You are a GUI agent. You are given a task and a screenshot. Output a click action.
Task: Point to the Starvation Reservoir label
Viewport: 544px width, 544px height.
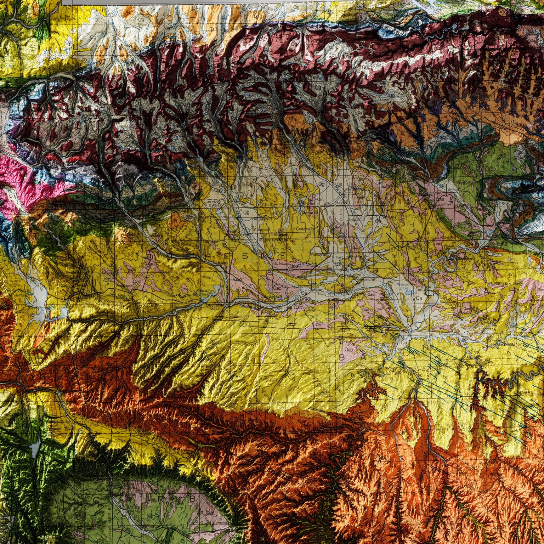pyautogui.click(x=205, y=292)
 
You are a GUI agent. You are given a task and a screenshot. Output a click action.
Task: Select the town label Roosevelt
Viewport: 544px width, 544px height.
pyautogui.click(x=319, y=254)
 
